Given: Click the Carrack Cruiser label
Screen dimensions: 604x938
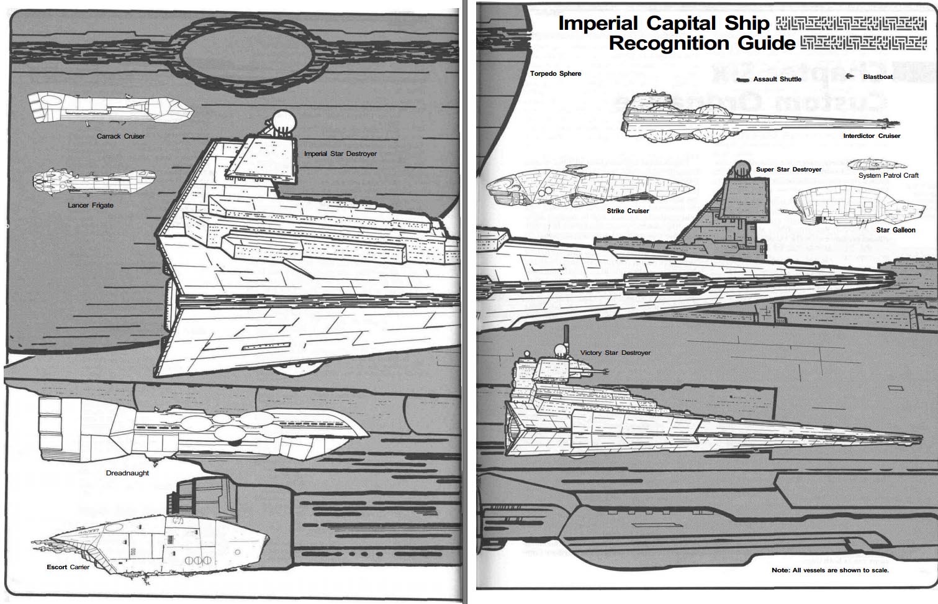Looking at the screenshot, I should coord(120,136).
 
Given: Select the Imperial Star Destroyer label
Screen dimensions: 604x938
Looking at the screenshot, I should coord(340,153).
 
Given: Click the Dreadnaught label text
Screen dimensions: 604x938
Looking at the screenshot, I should coord(127,473).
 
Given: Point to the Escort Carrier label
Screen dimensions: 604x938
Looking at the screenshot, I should coord(68,567).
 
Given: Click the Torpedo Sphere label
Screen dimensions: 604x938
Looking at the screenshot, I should coord(556,73).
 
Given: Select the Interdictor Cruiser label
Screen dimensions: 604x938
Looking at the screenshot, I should coord(872,135).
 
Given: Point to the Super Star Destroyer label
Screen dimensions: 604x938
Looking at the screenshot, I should coord(788,169).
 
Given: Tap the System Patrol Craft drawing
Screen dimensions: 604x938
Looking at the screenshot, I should coord(875,164).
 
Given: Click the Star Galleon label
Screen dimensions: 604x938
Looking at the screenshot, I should coord(895,230).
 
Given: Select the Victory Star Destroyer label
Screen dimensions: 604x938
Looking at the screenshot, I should coord(615,352).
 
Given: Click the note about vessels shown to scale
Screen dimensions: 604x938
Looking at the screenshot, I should coord(830,570).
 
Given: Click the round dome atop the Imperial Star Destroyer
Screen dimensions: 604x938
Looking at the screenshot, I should coord(283,120).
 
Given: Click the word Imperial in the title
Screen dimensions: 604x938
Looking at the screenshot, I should coord(598,23).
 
